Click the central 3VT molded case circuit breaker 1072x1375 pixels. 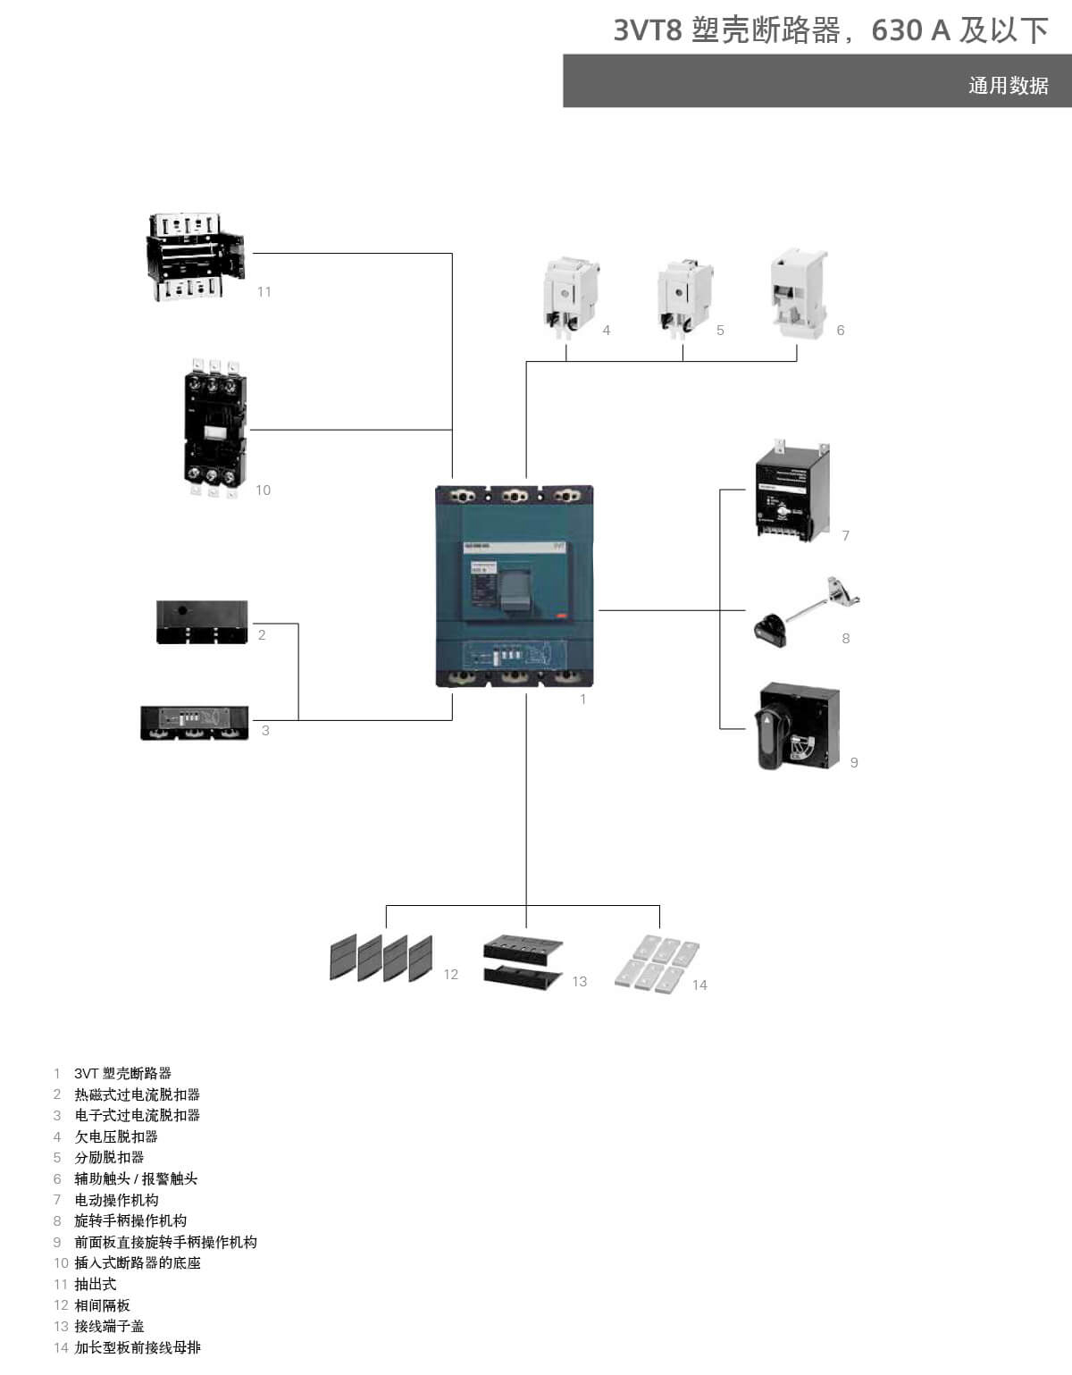[x=515, y=586]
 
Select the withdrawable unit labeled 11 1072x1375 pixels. [x=196, y=256]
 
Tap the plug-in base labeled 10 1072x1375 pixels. [x=214, y=428]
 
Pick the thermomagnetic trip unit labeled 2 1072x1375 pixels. [x=202, y=623]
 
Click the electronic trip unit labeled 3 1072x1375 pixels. [x=195, y=723]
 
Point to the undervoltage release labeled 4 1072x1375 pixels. [x=570, y=297]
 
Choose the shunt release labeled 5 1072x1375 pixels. [x=684, y=297]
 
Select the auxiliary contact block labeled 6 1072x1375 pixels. [x=799, y=293]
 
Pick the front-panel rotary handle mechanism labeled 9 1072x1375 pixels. [x=798, y=727]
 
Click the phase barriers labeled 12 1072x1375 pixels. [x=381, y=958]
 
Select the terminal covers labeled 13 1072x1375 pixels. [x=523, y=960]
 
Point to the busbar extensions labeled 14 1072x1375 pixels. [x=657, y=964]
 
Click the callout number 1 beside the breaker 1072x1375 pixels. [x=583, y=700]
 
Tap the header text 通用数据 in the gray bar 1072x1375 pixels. [x=1008, y=86]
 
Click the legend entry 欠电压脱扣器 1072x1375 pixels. [x=116, y=1136]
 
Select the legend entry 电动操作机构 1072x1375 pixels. [x=116, y=1200]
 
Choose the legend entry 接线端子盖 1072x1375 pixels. [x=109, y=1327]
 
